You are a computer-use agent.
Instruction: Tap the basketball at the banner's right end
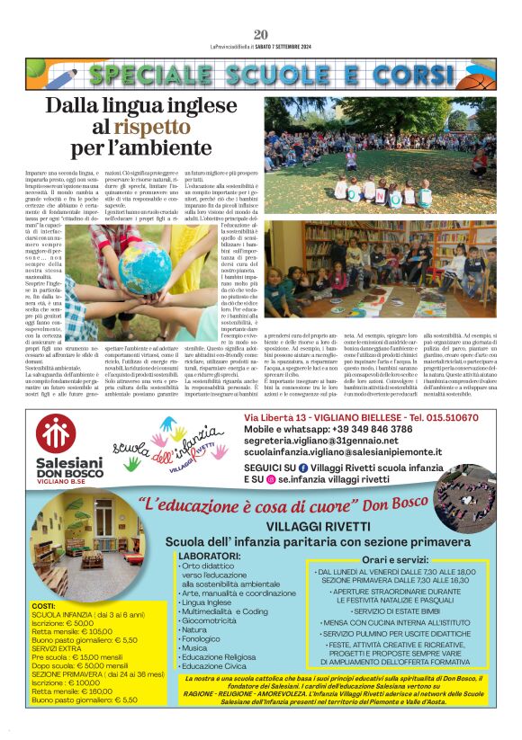point(483,75)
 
